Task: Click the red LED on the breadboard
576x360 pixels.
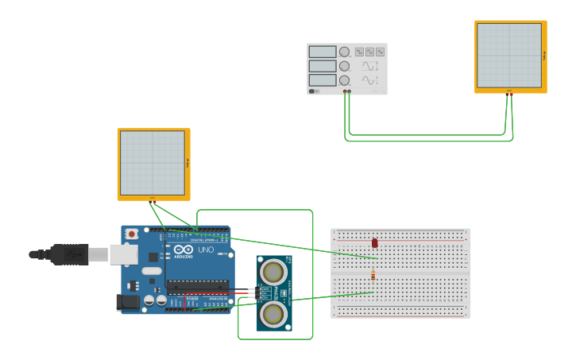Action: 374,242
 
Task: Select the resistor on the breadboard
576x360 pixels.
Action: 373,275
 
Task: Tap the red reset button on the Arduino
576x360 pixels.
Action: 132,234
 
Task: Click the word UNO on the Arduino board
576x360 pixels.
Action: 206,250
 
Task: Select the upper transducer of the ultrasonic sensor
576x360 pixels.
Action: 273,273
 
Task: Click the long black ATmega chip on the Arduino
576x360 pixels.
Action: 196,287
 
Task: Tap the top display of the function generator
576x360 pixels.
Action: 323,52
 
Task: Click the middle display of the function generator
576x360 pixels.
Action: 323,67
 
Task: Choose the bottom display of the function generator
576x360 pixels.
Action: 323,80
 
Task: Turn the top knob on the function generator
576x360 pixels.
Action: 345,52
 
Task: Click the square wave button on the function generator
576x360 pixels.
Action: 360,52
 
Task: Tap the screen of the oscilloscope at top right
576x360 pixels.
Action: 509,55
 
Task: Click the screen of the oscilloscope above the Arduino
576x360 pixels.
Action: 152,162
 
